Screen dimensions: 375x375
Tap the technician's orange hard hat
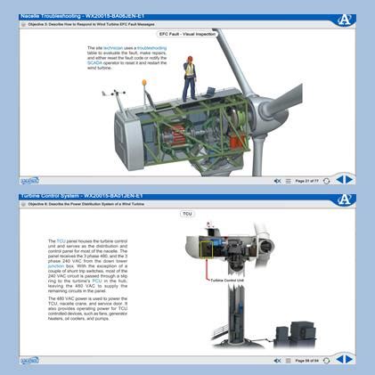189,59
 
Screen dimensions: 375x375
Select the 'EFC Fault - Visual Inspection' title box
187,34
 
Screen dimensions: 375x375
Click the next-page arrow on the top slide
349,179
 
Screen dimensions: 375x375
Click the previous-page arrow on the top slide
338,179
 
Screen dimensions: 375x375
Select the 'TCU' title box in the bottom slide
187,215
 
